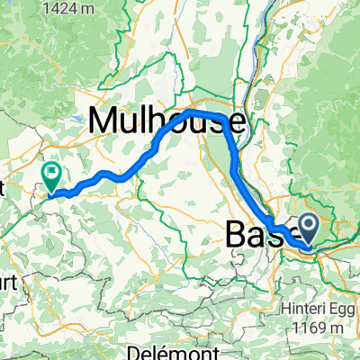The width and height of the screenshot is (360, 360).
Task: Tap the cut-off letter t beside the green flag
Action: pos(3,188)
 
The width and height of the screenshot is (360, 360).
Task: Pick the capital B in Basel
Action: pos(230,237)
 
